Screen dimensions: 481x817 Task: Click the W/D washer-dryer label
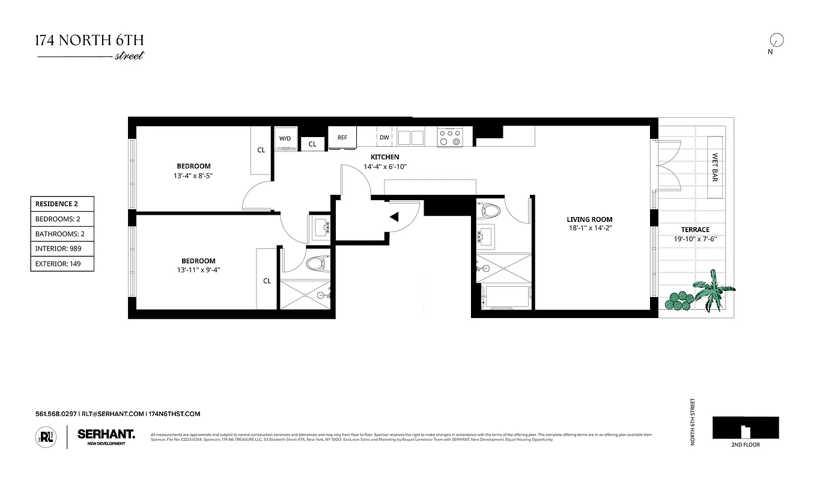[285, 138]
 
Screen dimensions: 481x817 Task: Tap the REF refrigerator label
[342, 138]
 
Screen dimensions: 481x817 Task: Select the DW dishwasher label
[384, 138]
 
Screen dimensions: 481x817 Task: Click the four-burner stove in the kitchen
[449, 138]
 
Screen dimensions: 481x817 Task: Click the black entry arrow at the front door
[394, 218]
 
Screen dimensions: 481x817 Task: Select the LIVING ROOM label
[589, 219]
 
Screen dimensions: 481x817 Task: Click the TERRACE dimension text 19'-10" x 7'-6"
[695, 239]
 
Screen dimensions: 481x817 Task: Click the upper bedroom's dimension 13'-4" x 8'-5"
[193, 176]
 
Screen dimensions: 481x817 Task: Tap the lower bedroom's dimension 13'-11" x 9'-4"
[198, 271]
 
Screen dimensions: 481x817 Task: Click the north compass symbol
[776, 40]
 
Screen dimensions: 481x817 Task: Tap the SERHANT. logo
[106, 433]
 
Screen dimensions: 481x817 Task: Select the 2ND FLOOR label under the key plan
[745, 445]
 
